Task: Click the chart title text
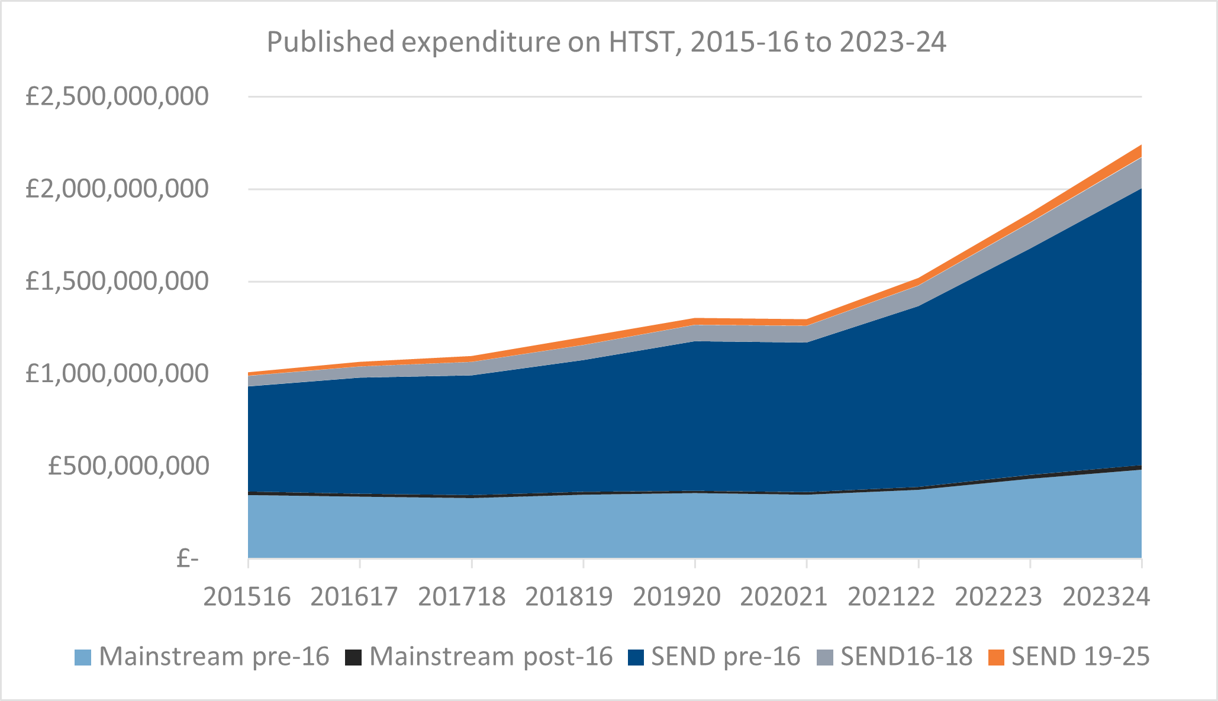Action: tap(607, 42)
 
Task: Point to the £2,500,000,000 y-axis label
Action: tap(117, 96)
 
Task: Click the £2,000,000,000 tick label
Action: tap(117, 189)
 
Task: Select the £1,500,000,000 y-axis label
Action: tap(117, 281)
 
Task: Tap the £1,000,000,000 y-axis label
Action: tap(117, 374)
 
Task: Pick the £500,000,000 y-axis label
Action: tap(129, 466)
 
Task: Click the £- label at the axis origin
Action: tap(188, 558)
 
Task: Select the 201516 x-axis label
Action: tap(247, 596)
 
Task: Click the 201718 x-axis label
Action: tap(462, 596)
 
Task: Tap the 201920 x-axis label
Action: tap(677, 596)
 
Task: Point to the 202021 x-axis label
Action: tap(784, 596)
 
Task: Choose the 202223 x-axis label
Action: tap(999, 596)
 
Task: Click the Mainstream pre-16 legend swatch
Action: tap(83, 657)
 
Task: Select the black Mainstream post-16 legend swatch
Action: tap(353, 657)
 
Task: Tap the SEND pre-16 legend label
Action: tap(726, 657)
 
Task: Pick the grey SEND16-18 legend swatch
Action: tap(825, 657)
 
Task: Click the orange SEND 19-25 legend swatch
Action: tap(997, 657)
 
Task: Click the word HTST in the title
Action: tap(640, 42)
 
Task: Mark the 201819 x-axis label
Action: tap(569, 596)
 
